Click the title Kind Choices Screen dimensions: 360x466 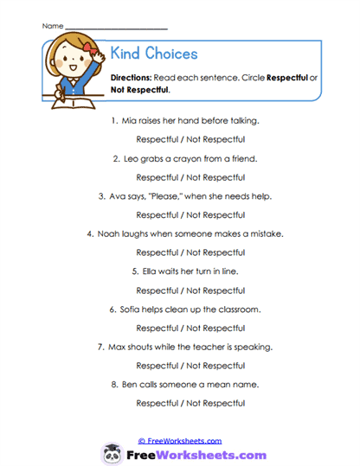(154, 54)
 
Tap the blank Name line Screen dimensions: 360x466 (105, 28)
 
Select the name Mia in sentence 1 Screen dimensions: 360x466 (131, 122)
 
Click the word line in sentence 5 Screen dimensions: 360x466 (228, 271)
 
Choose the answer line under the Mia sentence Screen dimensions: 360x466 (190, 140)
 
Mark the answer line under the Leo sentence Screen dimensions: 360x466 (190, 177)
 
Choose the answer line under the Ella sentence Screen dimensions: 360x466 (190, 290)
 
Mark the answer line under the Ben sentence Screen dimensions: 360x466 (190, 403)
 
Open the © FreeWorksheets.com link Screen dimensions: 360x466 (180, 441)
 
